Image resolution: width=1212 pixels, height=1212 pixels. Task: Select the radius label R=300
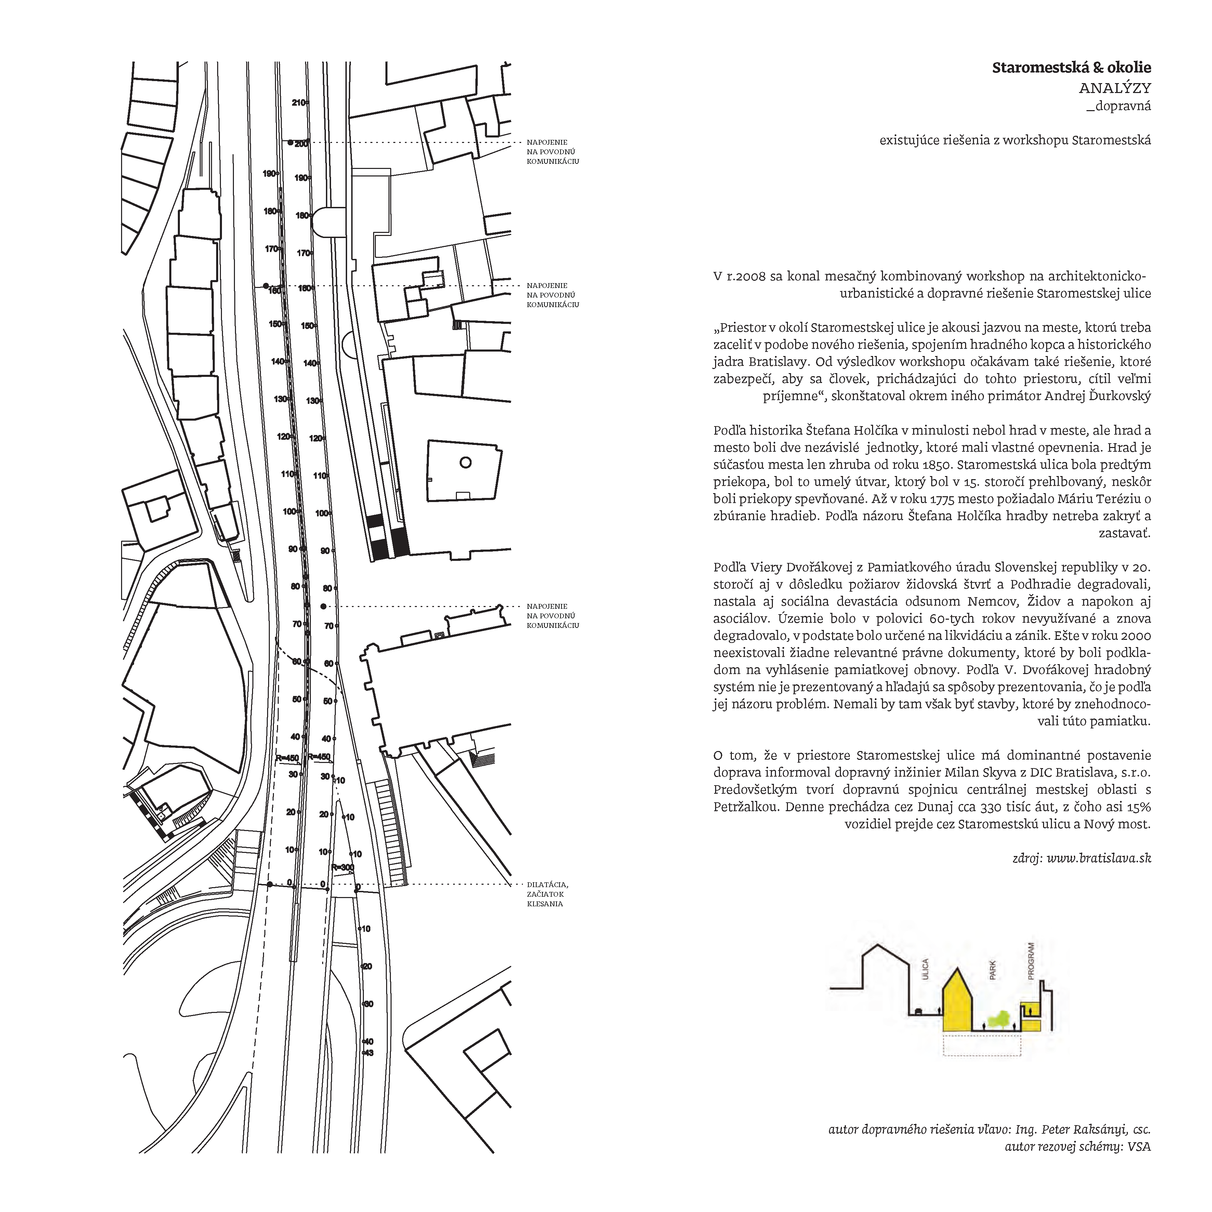(x=343, y=868)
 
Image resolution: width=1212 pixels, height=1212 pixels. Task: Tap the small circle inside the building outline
(x=465, y=463)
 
